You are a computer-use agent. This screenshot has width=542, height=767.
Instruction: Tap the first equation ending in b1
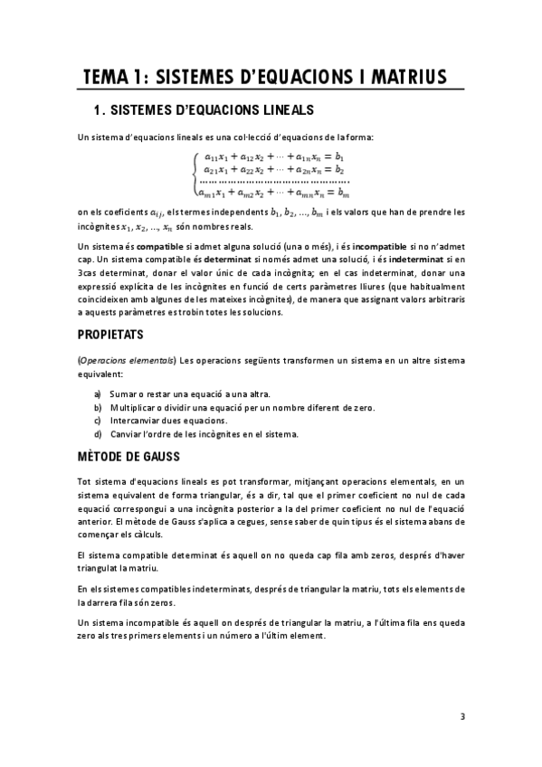pyautogui.click(x=274, y=156)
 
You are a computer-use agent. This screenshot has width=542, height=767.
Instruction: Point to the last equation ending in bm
pyautogui.click(x=274, y=192)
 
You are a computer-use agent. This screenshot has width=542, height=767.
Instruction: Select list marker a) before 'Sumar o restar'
pyautogui.click(x=99, y=394)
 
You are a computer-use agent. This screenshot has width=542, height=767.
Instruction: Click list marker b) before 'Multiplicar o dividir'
pyautogui.click(x=99, y=408)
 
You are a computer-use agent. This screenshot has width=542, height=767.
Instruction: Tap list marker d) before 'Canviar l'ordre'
pyautogui.click(x=99, y=434)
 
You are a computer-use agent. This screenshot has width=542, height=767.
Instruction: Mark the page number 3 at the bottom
pyautogui.click(x=462, y=717)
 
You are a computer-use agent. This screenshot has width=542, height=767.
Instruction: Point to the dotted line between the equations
pyautogui.click(x=274, y=180)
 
